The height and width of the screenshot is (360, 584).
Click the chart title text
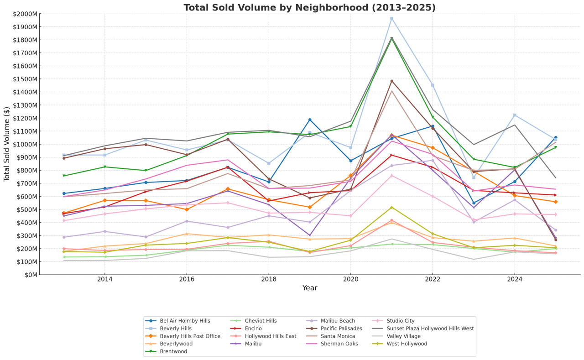click(x=309, y=8)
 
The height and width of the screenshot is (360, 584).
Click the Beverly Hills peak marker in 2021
click(x=391, y=18)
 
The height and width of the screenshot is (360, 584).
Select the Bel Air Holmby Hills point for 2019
click(x=310, y=120)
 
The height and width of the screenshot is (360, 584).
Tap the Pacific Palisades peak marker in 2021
click(x=391, y=81)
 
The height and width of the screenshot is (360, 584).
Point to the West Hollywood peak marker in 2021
click(x=391, y=208)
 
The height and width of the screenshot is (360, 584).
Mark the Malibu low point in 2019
click(x=310, y=235)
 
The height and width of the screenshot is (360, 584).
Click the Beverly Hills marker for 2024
click(x=515, y=115)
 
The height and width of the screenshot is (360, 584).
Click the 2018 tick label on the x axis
click(x=269, y=279)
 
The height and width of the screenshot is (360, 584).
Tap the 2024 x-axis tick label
click(x=515, y=279)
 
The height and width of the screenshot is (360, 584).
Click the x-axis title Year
click(x=309, y=288)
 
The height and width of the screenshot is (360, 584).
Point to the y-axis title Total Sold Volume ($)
click(x=7, y=144)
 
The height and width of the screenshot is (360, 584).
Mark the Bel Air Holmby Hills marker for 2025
click(x=555, y=138)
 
